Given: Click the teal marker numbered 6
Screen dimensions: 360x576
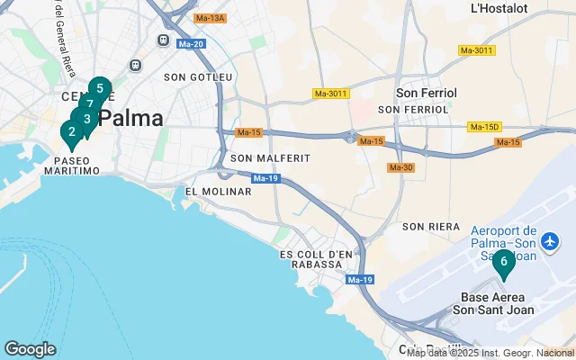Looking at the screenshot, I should coord(504,263).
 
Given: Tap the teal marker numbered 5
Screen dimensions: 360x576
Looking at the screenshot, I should coord(100,89).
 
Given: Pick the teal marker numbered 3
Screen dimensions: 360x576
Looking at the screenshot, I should coord(86,119).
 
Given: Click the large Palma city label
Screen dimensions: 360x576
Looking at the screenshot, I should coord(131,118).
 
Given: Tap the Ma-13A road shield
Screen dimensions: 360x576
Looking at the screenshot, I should coord(210,18).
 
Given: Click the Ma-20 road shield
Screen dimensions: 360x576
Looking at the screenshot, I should coord(191,43).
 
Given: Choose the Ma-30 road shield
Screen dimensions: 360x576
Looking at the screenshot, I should coord(400,167).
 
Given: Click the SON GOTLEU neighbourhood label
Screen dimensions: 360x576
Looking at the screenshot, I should coord(198,78).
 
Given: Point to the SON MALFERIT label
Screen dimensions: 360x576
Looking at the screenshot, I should coord(270,158).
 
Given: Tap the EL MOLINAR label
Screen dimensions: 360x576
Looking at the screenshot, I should coord(212,192).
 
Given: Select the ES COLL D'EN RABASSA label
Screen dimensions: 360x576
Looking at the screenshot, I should coord(316,260).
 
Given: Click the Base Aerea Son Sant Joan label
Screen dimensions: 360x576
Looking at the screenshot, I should coord(497,303).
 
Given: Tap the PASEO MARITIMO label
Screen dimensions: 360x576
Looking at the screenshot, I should coord(71,166).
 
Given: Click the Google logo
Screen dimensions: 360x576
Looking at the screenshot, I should coord(30,349).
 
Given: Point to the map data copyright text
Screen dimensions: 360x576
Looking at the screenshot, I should coord(490,353).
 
